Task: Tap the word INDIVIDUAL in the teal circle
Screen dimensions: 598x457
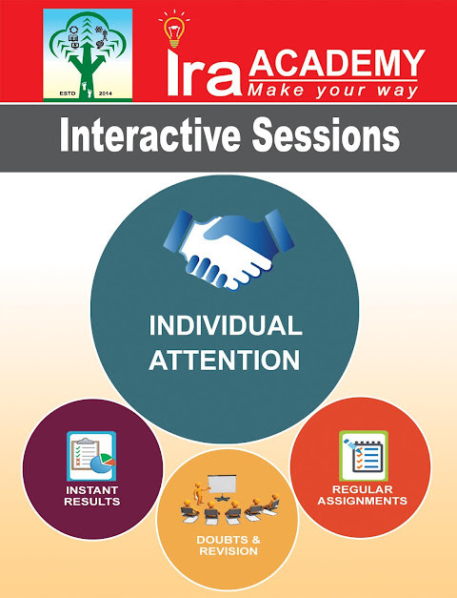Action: [x=226, y=325]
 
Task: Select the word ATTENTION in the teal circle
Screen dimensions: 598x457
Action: [x=226, y=361]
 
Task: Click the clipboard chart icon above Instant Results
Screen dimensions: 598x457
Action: [x=90, y=456]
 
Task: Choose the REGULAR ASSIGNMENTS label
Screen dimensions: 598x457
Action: [x=363, y=495]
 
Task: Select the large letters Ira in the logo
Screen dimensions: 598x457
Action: [x=201, y=75]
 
